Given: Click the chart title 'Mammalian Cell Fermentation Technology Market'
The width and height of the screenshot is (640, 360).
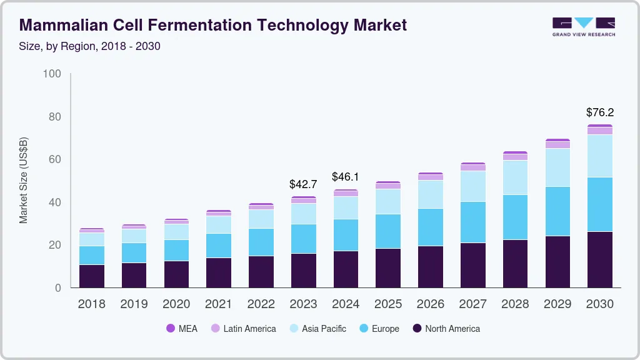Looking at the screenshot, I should click(x=213, y=25).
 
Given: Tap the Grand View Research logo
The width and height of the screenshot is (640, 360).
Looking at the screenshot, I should click(x=583, y=26).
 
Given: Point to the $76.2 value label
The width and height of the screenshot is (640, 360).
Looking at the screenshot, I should click(x=599, y=112).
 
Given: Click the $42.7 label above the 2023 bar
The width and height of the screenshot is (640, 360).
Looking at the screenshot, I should click(x=303, y=184).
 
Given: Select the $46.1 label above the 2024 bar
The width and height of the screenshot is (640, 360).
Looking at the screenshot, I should click(x=346, y=177).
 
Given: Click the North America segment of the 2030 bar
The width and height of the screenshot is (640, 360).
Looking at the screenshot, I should click(x=599, y=259).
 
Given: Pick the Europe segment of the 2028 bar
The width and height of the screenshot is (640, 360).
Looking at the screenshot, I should click(x=515, y=217).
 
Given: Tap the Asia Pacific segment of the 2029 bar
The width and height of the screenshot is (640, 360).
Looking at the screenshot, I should click(x=557, y=167).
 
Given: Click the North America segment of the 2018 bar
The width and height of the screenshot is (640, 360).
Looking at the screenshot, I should click(x=92, y=276).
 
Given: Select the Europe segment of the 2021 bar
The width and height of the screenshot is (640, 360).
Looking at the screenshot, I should click(x=219, y=246).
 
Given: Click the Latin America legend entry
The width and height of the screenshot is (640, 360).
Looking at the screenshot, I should click(x=243, y=328).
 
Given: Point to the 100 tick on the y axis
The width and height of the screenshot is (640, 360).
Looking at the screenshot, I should click(x=52, y=74).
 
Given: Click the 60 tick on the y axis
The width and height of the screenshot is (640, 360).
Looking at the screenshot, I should click(x=54, y=159).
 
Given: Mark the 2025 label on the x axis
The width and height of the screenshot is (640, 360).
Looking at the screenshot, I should click(x=388, y=304).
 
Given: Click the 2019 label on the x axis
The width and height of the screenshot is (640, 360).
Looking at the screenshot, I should click(x=134, y=304).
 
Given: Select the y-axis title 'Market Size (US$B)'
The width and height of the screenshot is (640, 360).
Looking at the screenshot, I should click(x=24, y=180).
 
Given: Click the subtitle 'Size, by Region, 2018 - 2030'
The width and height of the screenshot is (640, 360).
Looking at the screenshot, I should click(x=90, y=46).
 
